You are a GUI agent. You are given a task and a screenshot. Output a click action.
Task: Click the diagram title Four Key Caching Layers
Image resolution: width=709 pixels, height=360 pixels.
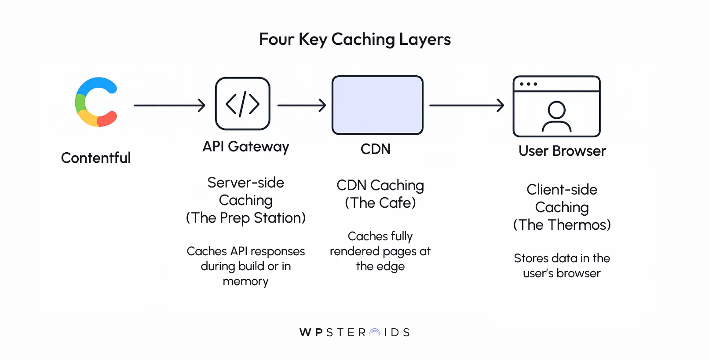pos(354,39)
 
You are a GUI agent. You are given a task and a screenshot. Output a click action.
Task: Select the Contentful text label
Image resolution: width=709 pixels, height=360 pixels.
pos(95,158)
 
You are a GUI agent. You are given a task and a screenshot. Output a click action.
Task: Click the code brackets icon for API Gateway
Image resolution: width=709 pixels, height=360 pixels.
pos(242,104)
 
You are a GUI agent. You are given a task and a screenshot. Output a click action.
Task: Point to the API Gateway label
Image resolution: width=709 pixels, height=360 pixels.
pos(245,147)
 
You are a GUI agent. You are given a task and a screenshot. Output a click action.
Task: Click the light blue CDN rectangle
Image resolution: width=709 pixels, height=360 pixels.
pos(377,105)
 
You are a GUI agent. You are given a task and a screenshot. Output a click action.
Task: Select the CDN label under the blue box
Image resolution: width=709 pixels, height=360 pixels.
pos(375,149)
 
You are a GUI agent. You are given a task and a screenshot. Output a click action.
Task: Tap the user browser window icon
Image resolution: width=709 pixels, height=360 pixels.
pos(556,107)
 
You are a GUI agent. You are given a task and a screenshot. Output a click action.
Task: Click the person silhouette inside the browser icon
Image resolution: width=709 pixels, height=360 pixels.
pos(556,117)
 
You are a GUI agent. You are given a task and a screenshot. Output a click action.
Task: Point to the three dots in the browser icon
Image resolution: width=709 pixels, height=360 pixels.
pos(528,84)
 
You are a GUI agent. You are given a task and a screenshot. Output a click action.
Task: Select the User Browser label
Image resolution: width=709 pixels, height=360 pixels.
pos(562,151)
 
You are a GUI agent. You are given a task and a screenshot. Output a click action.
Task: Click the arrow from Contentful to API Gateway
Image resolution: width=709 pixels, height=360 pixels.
pos(169,105)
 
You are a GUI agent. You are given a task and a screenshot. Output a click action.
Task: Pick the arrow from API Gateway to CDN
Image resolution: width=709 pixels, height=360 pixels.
pos(301,105)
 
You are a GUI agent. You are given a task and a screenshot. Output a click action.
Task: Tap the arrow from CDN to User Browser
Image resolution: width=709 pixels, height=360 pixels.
pos(466,105)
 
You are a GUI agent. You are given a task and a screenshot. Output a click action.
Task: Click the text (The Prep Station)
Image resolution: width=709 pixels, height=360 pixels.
pos(245,218)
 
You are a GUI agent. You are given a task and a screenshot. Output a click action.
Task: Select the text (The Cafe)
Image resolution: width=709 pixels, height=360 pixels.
pos(380,203)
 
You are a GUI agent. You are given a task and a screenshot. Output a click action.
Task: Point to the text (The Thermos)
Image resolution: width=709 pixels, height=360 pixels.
pos(562,225)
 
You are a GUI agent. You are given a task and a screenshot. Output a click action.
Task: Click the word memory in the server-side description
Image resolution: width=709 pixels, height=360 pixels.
pos(245,281)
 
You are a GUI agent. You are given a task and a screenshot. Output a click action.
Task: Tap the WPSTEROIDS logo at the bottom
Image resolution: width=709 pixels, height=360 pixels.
pos(354,332)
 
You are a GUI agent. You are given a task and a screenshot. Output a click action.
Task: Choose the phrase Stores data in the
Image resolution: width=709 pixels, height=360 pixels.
pos(562,258)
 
